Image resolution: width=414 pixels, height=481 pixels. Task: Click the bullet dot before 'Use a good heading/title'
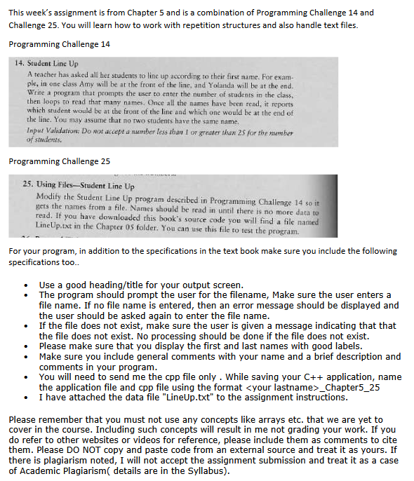26,285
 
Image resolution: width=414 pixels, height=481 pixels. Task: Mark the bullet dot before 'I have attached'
26,397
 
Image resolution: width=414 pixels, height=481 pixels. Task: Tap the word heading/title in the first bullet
114,285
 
